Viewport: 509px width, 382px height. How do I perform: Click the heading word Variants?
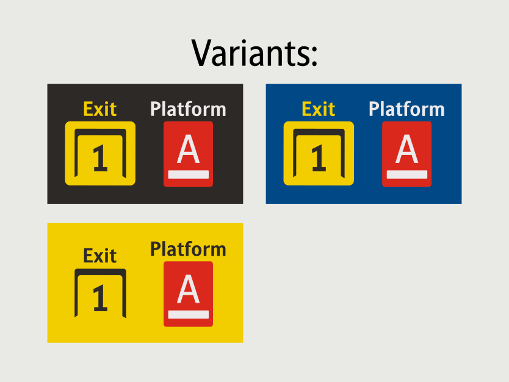click(x=250, y=53)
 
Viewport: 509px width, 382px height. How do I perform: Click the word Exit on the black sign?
click(x=99, y=109)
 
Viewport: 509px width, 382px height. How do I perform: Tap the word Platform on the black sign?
click(x=188, y=109)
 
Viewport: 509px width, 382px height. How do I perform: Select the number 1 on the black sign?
click(x=100, y=157)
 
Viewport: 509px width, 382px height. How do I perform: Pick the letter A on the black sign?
click(x=188, y=149)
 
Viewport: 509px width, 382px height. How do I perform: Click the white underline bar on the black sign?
click(x=188, y=175)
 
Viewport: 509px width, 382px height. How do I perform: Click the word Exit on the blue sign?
click(x=318, y=109)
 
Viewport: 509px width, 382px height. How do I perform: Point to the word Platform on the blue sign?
click(x=406, y=109)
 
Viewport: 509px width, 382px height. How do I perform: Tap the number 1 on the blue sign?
click(x=319, y=157)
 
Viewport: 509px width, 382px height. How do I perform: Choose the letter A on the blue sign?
click(x=406, y=149)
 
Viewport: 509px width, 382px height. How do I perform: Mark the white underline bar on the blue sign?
click(x=406, y=175)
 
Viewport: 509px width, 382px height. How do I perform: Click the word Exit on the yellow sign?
click(x=99, y=256)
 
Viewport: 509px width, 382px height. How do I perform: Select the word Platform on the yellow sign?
click(x=188, y=249)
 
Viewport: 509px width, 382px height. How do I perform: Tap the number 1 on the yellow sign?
click(x=100, y=298)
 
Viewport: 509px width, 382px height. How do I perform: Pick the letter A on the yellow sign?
click(x=188, y=289)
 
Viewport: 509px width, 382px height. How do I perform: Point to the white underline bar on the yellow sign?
click(x=188, y=314)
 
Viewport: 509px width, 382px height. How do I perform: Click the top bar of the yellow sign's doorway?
click(x=100, y=272)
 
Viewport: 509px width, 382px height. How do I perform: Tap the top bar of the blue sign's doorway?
click(x=319, y=132)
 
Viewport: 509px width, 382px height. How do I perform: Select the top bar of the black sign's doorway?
click(x=100, y=132)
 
